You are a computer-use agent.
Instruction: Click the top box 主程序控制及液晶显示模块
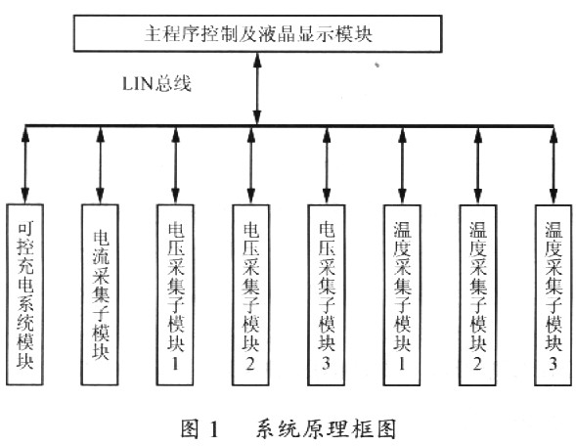(x=257, y=33)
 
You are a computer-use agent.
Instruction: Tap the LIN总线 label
(x=156, y=84)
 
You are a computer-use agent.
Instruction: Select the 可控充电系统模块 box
(x=25, y=294)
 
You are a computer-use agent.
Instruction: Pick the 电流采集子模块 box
(x=100, y=294)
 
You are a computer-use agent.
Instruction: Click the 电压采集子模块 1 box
(x=175, y=294)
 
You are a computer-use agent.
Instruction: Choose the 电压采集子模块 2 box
(x=251, y=294)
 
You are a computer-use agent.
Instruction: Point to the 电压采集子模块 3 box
(x=327, y=294)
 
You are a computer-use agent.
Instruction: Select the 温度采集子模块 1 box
(x=402, y=294)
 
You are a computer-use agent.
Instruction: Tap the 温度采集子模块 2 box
(x=478, y=294)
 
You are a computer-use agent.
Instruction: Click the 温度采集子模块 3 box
(x=554, y=294)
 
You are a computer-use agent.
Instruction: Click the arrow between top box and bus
(x=257, y=89)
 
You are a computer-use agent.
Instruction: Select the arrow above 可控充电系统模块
(x=25, y=165)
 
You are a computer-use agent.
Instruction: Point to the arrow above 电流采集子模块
(x=100, y=165)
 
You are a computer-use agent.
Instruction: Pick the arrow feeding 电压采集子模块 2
(x=251, y=165)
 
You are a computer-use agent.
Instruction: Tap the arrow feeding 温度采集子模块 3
(x=554, y=165)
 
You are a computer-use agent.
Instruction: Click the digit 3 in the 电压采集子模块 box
(x=327, y=363)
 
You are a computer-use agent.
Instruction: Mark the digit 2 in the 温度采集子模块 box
(x=477, y=363)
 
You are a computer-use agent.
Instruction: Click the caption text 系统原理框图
(x=326, y=428)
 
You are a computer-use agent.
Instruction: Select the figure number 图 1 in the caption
(x=199, y=428)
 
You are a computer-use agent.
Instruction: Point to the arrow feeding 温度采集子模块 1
(x=402, y=165)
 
